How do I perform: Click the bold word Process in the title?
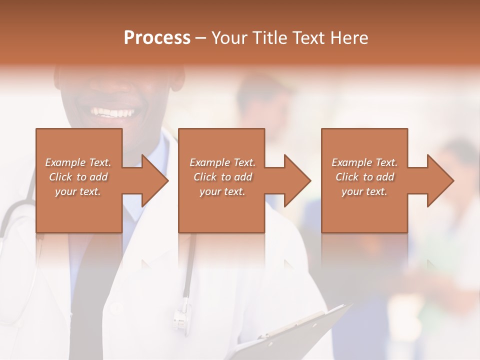[157, 38]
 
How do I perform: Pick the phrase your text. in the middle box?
[222, 191]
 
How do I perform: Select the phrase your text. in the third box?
[364, 191]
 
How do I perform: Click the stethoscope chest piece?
[182, 314]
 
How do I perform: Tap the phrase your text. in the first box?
[77, 191]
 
